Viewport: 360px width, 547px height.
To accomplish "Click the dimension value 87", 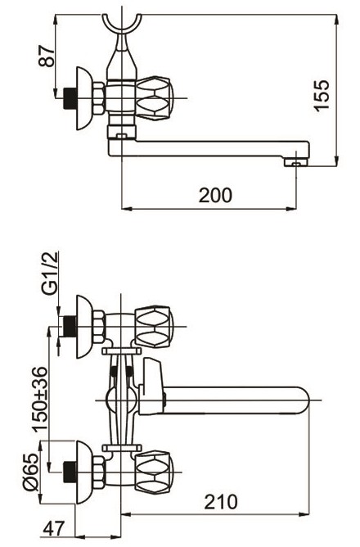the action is pyautogui.click(x=47, y=55).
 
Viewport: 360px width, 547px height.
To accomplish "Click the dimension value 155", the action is pyautogui.click(x=322, y=95).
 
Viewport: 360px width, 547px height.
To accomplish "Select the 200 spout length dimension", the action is pyautogui.click(x=215, y=195).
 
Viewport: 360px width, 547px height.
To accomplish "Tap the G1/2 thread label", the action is pyautogui.click(x=49, y=273).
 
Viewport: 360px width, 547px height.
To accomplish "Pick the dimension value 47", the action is pyautogui.click(x=54, y=528).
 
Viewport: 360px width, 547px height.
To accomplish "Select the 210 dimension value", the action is pyautogui.click(x=221, y=502).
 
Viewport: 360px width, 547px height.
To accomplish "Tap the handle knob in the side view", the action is pyautogui.click(x=154, y=98).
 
